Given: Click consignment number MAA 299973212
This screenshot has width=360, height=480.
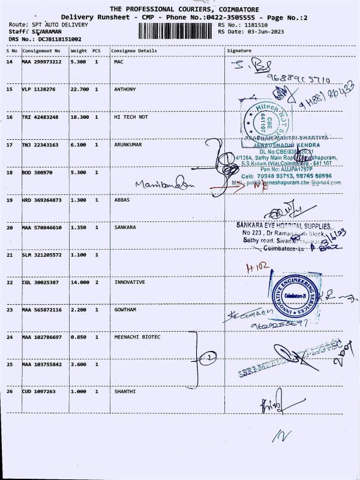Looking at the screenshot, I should (41, 62).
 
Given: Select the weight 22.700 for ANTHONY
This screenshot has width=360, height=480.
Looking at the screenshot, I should (79, 89).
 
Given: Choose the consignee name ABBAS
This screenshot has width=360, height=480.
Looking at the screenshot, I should (122, 200).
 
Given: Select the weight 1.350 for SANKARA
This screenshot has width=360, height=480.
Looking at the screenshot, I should (79, 228).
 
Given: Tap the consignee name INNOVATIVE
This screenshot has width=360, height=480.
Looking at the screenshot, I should (130, 282).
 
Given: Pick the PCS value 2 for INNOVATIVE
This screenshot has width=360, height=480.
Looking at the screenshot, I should (96, 282).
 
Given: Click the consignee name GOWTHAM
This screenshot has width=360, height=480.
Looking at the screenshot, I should (125, 310).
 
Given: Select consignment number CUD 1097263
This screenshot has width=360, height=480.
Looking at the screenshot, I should (38, 391).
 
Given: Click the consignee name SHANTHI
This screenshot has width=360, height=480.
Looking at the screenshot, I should (125, 391).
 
